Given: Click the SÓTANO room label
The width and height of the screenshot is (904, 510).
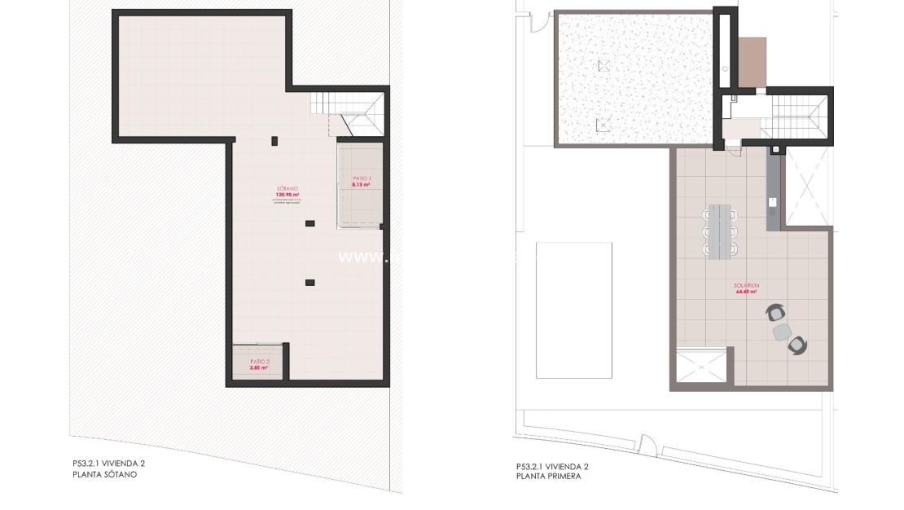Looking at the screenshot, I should click(287, 190).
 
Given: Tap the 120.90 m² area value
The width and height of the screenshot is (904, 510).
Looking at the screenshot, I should click(287, 196).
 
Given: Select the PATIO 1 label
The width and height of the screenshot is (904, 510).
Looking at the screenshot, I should click(362, 178).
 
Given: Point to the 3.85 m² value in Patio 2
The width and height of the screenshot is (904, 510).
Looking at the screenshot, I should click(259, 367).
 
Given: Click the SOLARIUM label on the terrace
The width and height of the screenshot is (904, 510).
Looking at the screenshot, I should click(747, 285).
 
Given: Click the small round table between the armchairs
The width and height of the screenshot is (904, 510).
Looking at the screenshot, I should click(782, 331).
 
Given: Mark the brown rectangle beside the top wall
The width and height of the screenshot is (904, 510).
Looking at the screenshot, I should click(753, 62).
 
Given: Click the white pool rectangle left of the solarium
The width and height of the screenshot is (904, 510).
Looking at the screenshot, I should click(574, 310).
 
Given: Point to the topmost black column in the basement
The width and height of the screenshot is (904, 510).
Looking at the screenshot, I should click(274, 142).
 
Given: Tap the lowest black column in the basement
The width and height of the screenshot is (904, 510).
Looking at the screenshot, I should click(309, 283).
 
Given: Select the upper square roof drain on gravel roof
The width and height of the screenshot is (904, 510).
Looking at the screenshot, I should click(603, 65).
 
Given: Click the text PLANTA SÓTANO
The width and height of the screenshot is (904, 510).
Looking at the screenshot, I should click(104, 473).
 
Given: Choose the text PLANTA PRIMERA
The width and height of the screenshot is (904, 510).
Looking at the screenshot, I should click(548, 477).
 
